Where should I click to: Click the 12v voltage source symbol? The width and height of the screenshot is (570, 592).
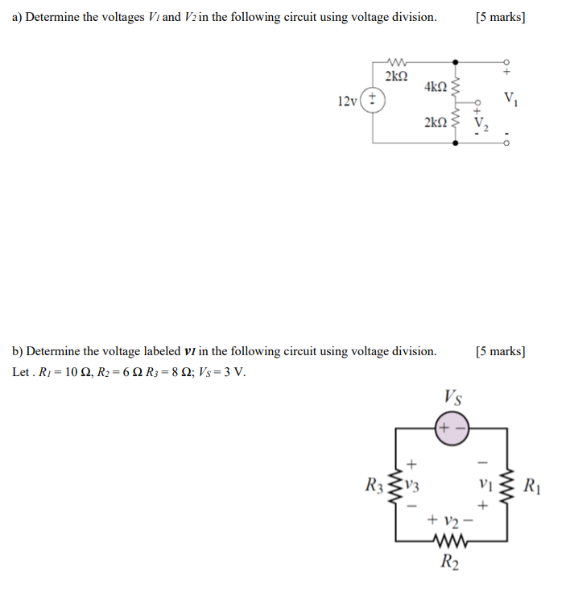(x=373, y=101)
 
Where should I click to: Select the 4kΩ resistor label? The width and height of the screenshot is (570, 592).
(x=435, y=86)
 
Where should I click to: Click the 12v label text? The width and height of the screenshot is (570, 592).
(x=347, y=101)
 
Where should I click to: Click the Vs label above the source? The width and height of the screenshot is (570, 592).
(x=453, y=397)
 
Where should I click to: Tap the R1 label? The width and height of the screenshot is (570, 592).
(x=532, y=486)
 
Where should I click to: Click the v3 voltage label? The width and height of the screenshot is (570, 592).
(x=414, y=486)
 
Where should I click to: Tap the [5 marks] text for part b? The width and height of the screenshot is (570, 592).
(x=500, y=351)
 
